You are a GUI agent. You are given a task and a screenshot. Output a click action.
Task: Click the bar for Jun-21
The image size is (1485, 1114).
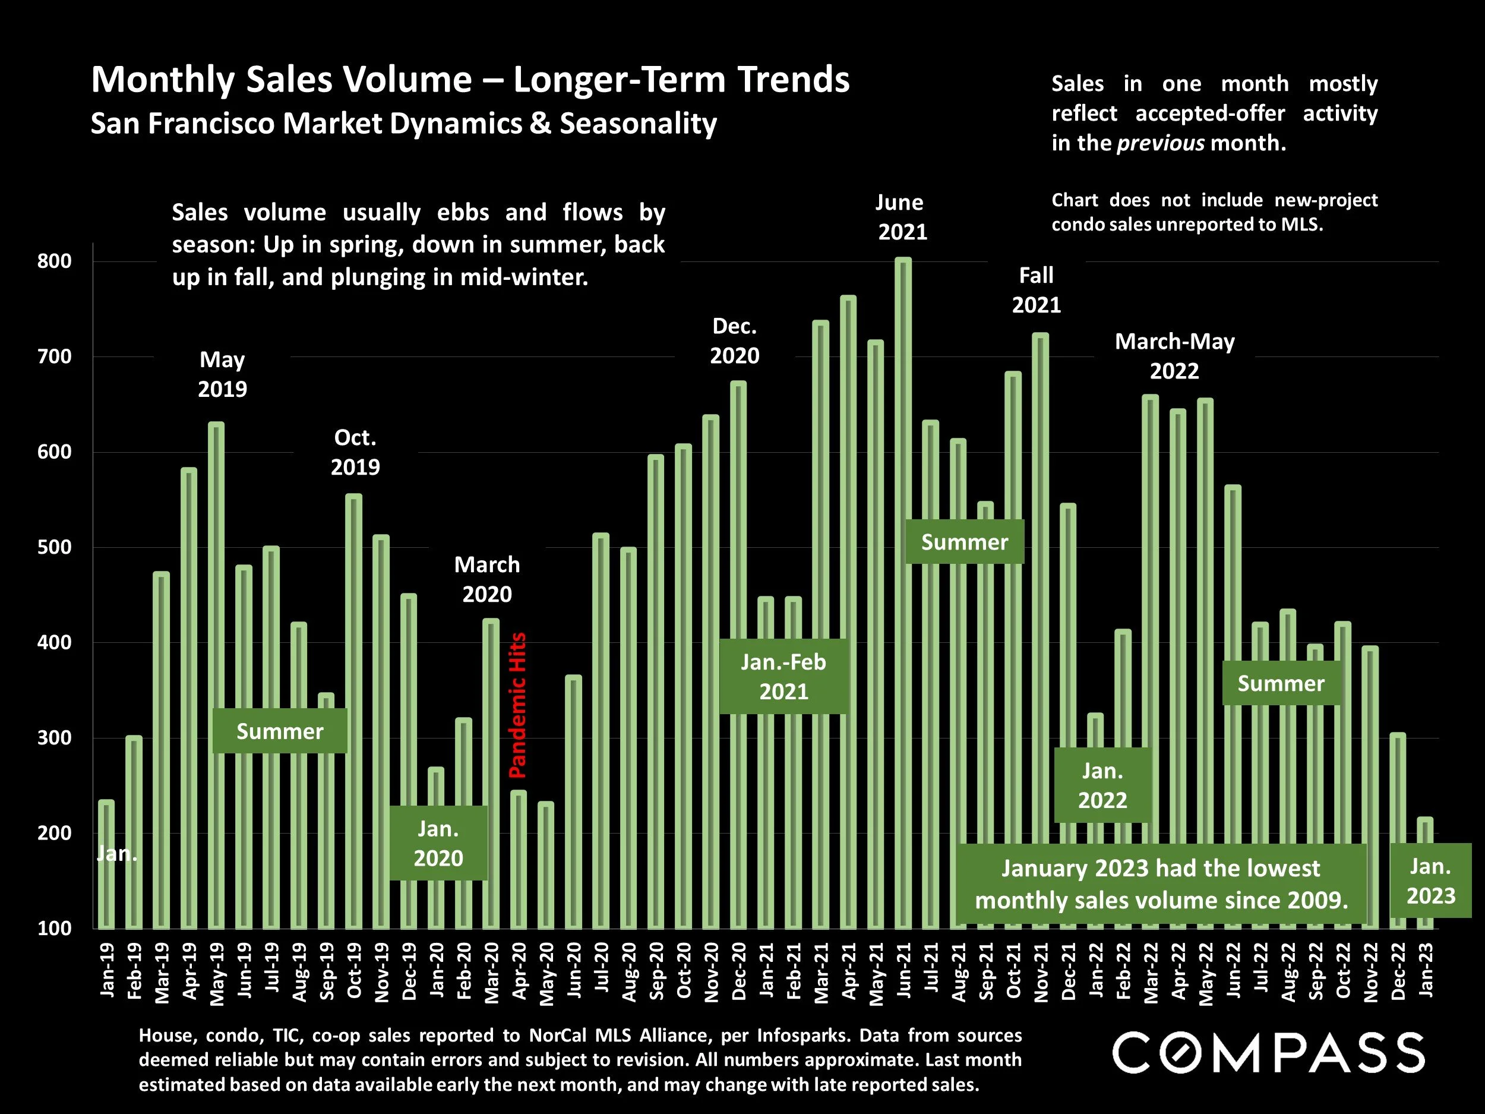[903, 403]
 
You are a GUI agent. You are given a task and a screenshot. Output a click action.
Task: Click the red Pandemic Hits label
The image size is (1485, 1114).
[517, 705]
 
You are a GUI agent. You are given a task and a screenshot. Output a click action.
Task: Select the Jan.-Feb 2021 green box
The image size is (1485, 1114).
[783, 677]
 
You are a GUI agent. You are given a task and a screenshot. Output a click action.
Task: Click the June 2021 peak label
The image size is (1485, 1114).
[902, 217]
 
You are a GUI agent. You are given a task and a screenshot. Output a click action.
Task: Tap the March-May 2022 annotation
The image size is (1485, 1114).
[1174, 356]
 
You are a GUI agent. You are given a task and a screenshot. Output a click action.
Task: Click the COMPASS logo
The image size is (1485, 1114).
[1268, 1053]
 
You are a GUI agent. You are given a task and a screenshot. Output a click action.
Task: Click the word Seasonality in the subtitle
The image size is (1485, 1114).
[638, 124]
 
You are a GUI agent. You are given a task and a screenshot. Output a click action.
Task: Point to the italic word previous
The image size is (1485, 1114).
[1161, 143]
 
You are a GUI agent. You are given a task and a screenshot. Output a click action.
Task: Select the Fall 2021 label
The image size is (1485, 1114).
[1036, 290]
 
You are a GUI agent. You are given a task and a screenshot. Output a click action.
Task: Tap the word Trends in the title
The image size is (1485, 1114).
[794, 80]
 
